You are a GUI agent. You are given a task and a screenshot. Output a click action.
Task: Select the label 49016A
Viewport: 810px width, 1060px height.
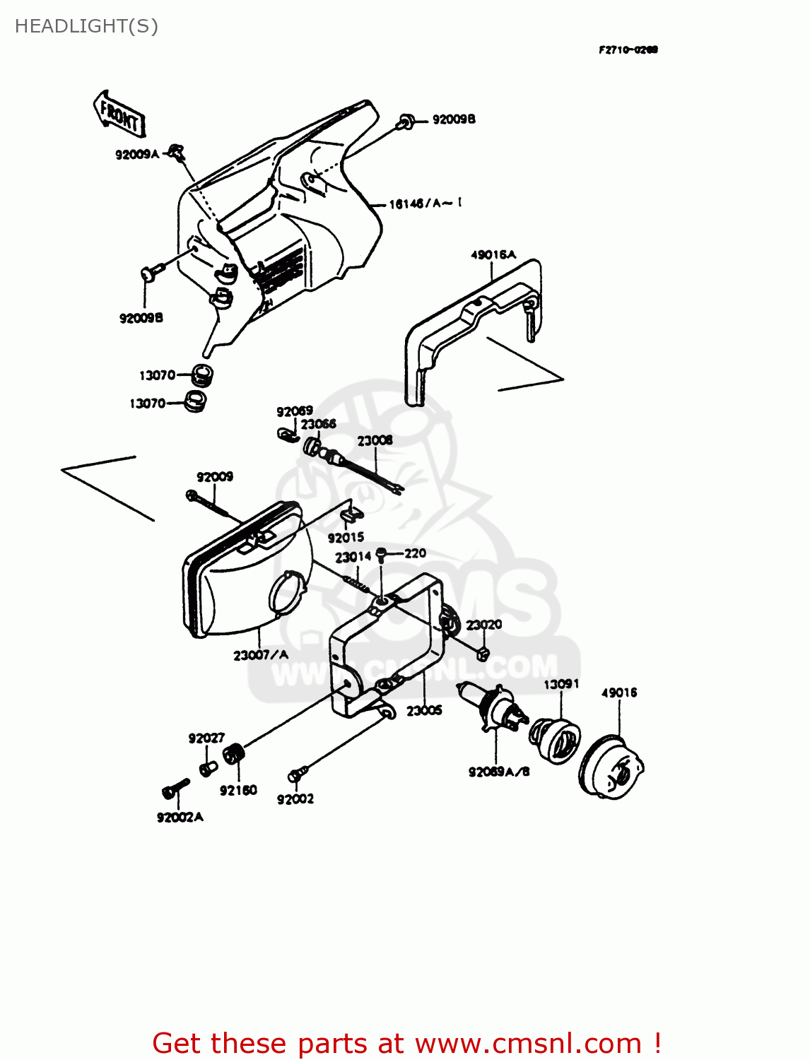493,254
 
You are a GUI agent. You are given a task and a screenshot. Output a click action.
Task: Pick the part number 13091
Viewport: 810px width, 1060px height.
561,684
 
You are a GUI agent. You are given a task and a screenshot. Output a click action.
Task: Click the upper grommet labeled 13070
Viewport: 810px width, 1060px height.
202,375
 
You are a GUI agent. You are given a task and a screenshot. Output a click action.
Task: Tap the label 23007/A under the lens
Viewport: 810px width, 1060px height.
261,655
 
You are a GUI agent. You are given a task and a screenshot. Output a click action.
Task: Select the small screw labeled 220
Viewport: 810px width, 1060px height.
382,554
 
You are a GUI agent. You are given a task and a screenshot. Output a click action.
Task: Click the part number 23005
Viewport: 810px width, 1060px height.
424,711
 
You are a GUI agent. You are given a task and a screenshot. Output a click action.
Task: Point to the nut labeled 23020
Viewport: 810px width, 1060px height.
483,653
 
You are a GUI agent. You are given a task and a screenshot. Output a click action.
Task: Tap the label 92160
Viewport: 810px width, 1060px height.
238,790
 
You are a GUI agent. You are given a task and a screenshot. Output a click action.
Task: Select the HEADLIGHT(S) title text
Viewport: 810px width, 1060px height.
86,26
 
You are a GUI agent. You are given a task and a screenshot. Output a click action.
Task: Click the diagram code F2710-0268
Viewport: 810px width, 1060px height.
628,49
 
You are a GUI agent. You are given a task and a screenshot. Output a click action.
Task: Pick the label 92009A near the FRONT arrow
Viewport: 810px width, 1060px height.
137,154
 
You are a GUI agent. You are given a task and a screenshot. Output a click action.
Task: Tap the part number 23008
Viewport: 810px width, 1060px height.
375,440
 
